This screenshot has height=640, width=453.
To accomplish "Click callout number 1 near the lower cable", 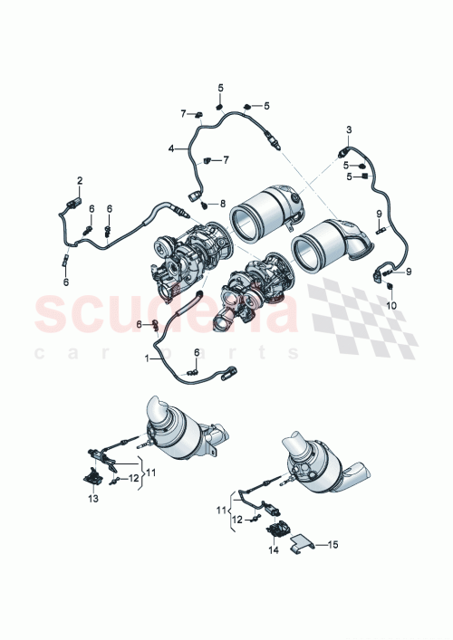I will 146,358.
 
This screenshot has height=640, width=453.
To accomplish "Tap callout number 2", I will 79,180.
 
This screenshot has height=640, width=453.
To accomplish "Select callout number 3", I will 348,130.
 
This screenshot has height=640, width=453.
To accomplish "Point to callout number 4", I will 170,148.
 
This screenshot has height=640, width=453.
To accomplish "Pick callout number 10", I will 391,306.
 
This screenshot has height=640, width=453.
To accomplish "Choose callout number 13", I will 92,498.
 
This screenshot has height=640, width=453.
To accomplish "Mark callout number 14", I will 273,550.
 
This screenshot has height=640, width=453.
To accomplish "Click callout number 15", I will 333,545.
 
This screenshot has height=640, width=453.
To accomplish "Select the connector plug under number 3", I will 342,149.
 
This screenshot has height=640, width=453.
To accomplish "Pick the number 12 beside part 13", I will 132,477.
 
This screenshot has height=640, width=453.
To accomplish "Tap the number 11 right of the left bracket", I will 151,472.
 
